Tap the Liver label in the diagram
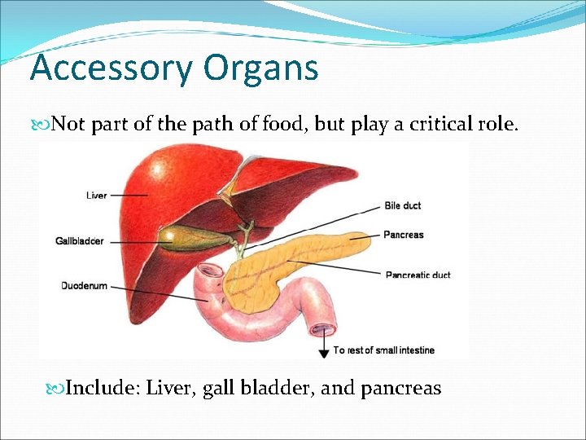coord(96,196)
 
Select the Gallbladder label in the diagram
coord(80,241)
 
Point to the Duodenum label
coord(84,286)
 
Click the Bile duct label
coord(403,206)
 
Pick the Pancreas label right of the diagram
coord(405,235)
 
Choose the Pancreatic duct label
coord(418,275)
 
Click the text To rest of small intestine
coord(384,350)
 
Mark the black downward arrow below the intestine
coord(324,345)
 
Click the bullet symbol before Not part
coord(44,125)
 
